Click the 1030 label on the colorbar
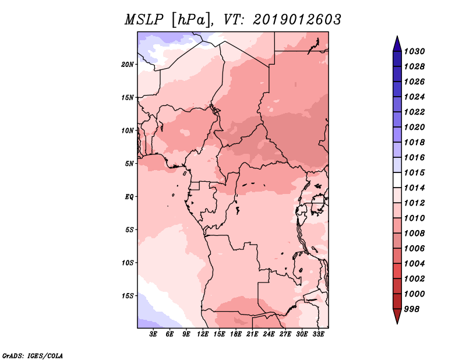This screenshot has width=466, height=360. point(415,51)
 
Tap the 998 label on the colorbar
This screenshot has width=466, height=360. point(412,309)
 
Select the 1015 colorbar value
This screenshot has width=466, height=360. point(415,172)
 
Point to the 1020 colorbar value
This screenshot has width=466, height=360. point(415,127)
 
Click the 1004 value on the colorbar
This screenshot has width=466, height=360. point(415,264)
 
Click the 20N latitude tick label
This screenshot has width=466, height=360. point(128,65)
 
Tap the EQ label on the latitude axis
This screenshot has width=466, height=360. point(129,197)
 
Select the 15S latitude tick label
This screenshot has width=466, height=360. point(128,296)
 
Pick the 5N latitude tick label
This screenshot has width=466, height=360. point(129,164)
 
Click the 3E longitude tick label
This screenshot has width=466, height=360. point(153,334)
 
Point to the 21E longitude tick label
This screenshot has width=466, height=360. point(252,334)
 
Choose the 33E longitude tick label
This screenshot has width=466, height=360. point(318,334)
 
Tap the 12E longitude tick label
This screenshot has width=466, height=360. point(203,334)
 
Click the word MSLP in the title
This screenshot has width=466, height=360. point(144,20)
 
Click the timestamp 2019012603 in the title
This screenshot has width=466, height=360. point(297,20)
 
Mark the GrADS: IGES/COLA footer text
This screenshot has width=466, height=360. point(33,356)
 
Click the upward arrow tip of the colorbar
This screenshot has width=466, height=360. point(397,36)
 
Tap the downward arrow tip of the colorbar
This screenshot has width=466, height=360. point(397,324)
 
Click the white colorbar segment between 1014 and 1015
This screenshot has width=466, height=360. point(397,180)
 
